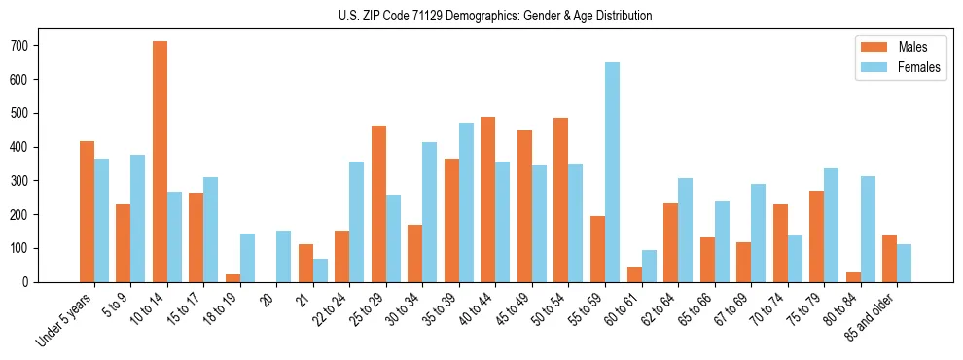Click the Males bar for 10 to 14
(x=160, y=162)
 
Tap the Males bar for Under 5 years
(x=87, y=211)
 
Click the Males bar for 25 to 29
(x=378, y=203)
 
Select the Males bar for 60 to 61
(x=634, y=273)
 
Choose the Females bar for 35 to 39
(x=466, y=202)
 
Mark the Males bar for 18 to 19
(x=232, y=277)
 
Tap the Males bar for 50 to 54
(x=561, y=199)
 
